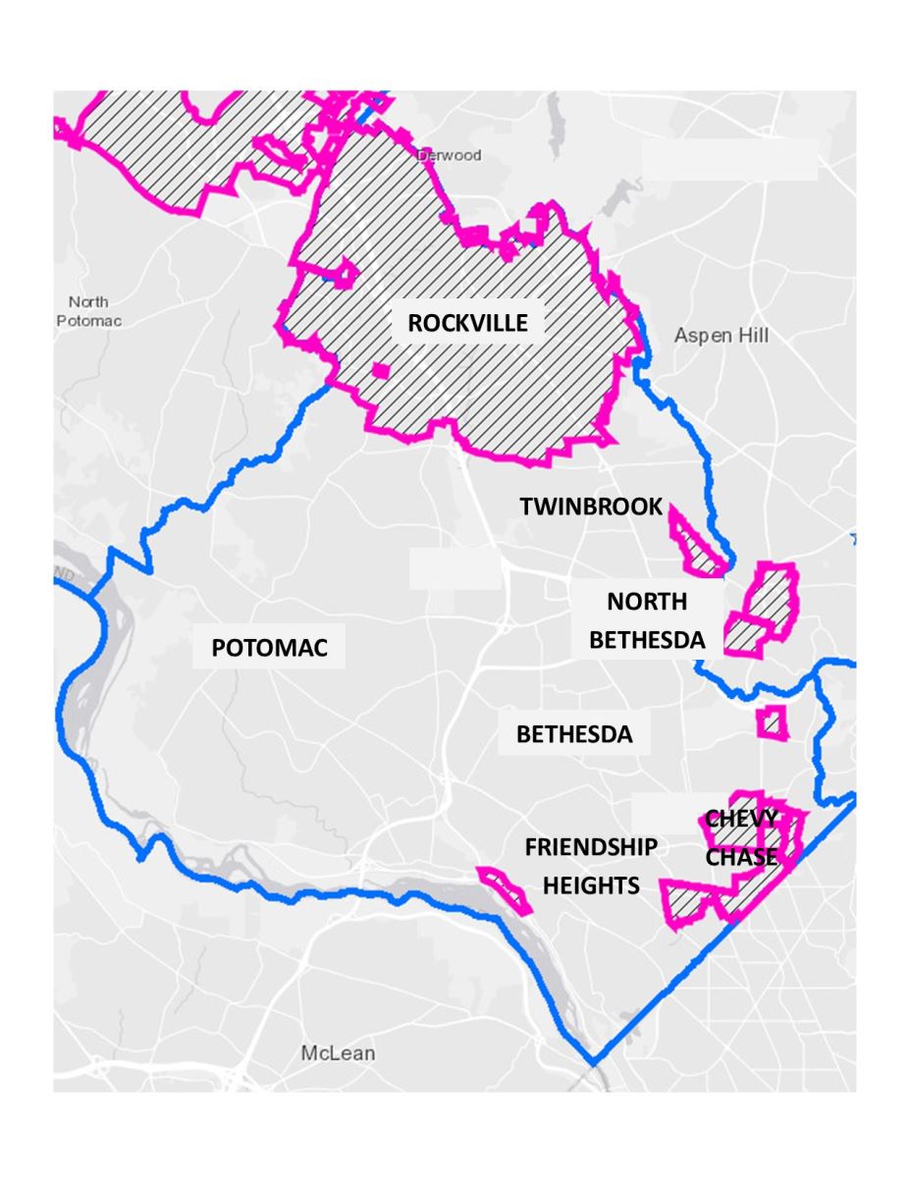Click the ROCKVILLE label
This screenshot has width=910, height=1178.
(468, 323)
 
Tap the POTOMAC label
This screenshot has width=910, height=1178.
(268, 648)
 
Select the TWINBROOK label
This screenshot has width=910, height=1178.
(591, 507)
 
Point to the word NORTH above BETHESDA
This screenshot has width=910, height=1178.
(646, 601)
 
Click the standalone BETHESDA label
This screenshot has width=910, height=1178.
(574, 734)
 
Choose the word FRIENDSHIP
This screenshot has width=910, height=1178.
(591, 847)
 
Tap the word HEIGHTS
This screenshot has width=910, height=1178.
(591, 885)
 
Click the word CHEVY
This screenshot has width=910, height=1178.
(741, 819)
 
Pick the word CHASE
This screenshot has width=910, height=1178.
(741, 856)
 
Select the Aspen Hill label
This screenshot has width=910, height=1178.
(722, 336)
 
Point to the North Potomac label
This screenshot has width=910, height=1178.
(89, 310)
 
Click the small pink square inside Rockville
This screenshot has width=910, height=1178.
(382, 370)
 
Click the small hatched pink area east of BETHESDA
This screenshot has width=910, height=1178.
(773, 723)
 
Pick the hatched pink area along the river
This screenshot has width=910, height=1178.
(504, 889)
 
